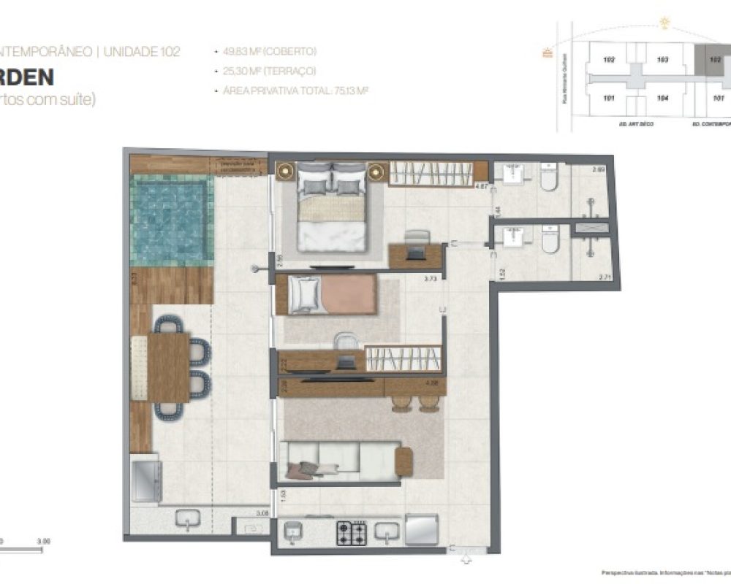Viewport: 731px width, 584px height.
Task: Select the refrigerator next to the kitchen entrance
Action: (422, 529)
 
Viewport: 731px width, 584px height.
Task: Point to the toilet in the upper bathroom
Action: (549, 177)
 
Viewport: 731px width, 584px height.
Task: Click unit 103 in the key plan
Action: (662, 60)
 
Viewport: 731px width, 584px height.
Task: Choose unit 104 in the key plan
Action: (662, 97)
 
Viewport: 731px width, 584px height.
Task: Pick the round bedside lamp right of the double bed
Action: (376, 172)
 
